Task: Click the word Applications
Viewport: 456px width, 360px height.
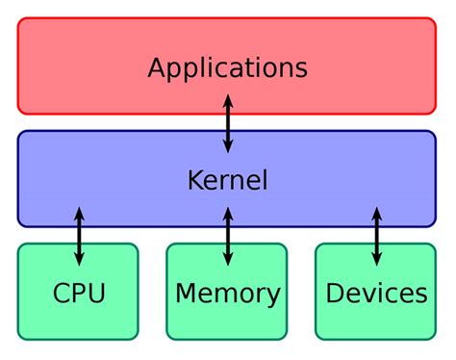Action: [227, 68]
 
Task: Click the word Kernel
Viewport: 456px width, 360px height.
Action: [227, 180]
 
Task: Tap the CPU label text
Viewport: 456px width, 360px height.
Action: [79, 294]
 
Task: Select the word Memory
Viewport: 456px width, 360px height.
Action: [227, 294]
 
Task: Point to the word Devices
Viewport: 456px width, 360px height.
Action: [376, 294]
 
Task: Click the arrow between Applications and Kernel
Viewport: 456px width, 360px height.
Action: [228, 123]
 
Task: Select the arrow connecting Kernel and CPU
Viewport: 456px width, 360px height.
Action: [79, 236]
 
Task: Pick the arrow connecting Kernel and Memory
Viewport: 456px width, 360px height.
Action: [228, 236]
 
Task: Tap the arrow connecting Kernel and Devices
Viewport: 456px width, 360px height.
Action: [376, 236]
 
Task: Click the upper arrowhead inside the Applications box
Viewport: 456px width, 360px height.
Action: [228, 99]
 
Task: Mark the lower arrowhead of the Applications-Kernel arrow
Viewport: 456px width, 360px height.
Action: [228, 146]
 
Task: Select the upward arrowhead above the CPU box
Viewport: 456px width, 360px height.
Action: [79, 213]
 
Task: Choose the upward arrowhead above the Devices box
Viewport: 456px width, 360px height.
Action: [376, 213]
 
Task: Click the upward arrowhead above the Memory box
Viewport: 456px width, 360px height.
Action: [228, 213]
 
